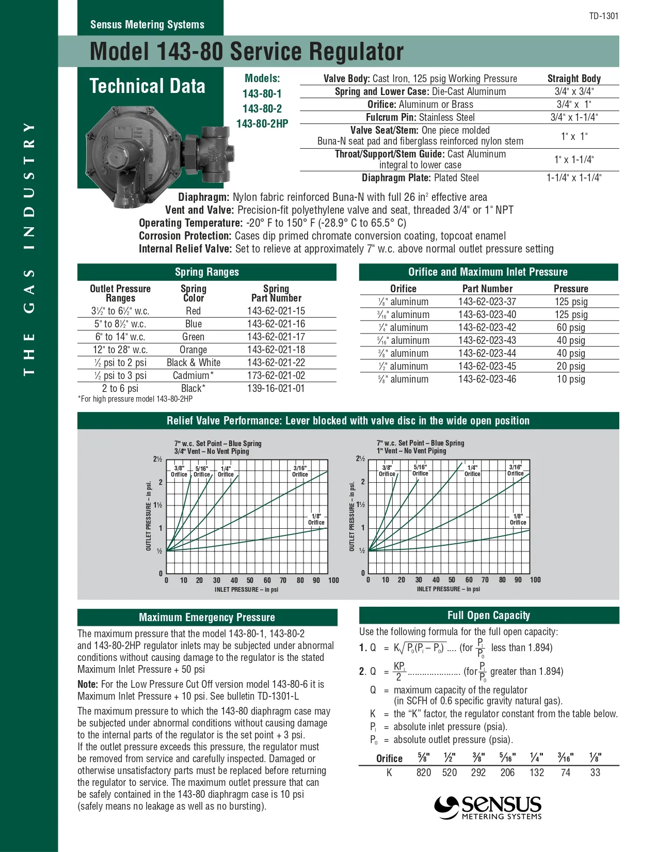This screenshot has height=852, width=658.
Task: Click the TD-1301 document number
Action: (x=603, y=16)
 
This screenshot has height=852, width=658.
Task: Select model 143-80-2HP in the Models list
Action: (x=262, y=124)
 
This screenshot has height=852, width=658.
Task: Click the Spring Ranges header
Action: (x=206, y=272)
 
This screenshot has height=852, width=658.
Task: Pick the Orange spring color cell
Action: (x=194, y=350)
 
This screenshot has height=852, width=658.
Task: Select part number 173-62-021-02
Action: (x=276, y=375)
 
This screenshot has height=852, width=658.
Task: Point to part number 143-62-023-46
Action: (x=487, y=379)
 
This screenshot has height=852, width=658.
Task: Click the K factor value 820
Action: (x=424, y=772)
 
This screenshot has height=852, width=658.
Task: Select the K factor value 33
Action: (x=595, y=772)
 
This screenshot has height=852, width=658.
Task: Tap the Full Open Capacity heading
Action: (x=489, y=616)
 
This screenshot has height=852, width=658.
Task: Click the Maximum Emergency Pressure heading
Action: (x=207, y=618)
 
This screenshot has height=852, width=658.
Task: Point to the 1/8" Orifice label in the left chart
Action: (x=316, y=519)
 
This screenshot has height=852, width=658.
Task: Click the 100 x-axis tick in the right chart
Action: (x=535, y=580)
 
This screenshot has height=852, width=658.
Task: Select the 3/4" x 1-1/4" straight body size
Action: (x=574, y=117)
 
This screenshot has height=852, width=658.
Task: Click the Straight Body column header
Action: (x=574, y=78)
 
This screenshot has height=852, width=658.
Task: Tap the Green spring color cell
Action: (x=194, y=337)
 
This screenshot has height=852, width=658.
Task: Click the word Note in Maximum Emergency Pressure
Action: (x=87, y=684)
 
